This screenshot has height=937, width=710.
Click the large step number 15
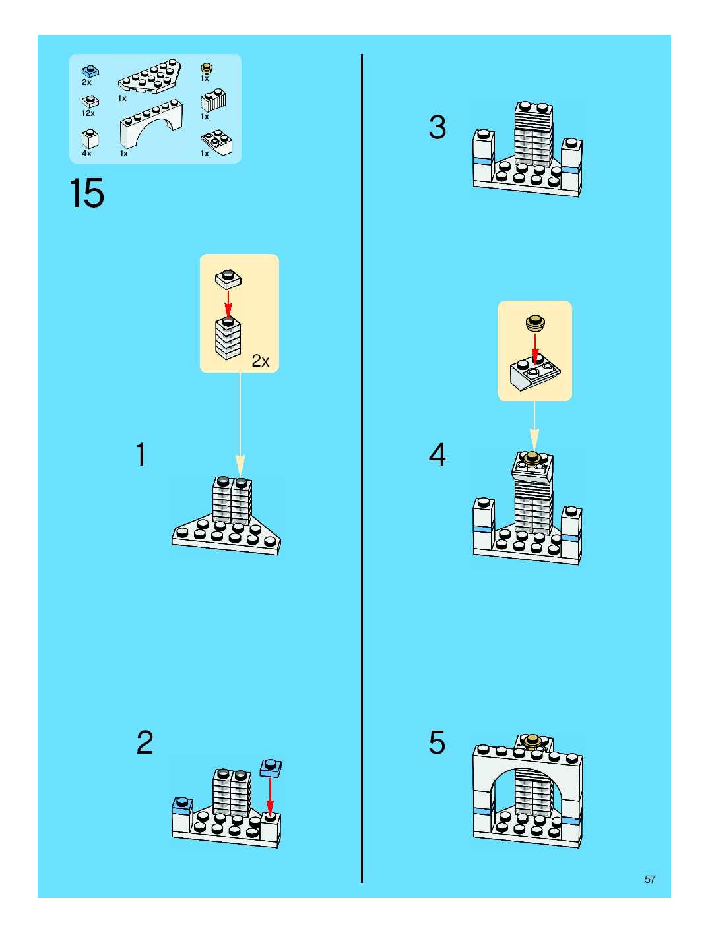tap(86, 193)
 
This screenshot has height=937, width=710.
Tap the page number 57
tap(649, 879)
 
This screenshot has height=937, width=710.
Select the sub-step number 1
tap(141, 455)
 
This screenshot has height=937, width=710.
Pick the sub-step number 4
tap(437, 455)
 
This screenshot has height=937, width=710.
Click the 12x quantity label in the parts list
tap(88, 113)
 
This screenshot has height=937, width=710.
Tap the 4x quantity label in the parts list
tap(86, 154)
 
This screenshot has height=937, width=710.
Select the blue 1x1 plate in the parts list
tap(90, 71)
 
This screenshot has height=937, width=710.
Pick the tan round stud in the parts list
tap(207, 68)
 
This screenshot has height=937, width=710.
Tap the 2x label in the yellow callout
tap(260, 361)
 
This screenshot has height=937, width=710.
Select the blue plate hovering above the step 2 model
tap(271, 768)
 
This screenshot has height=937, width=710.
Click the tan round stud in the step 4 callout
tap(535, 323)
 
